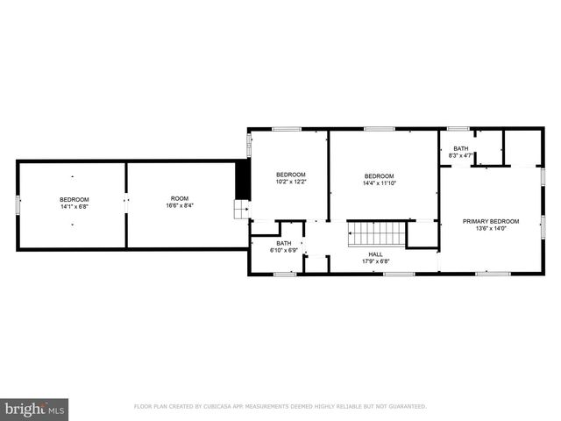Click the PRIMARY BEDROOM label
[x=491, y=221]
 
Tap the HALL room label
[x=375, y=253]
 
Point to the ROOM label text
[x=179, y=199]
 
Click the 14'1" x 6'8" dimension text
[x=75, y=207]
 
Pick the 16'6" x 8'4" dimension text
[x=179, y=207]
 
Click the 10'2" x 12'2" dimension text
[x=290, y=182]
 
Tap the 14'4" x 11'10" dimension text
[x=379, y=183]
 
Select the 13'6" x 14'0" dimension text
[x=491, y=229]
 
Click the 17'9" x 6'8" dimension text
[x=375, y=261]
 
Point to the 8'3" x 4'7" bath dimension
[x=461, y=156]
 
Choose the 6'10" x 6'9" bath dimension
[x=284, y=251]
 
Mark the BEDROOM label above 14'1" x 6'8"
[x=75, y=199]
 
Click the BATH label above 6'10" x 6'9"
[x=284, y=243]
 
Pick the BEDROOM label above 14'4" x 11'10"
[x=379, y=175]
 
